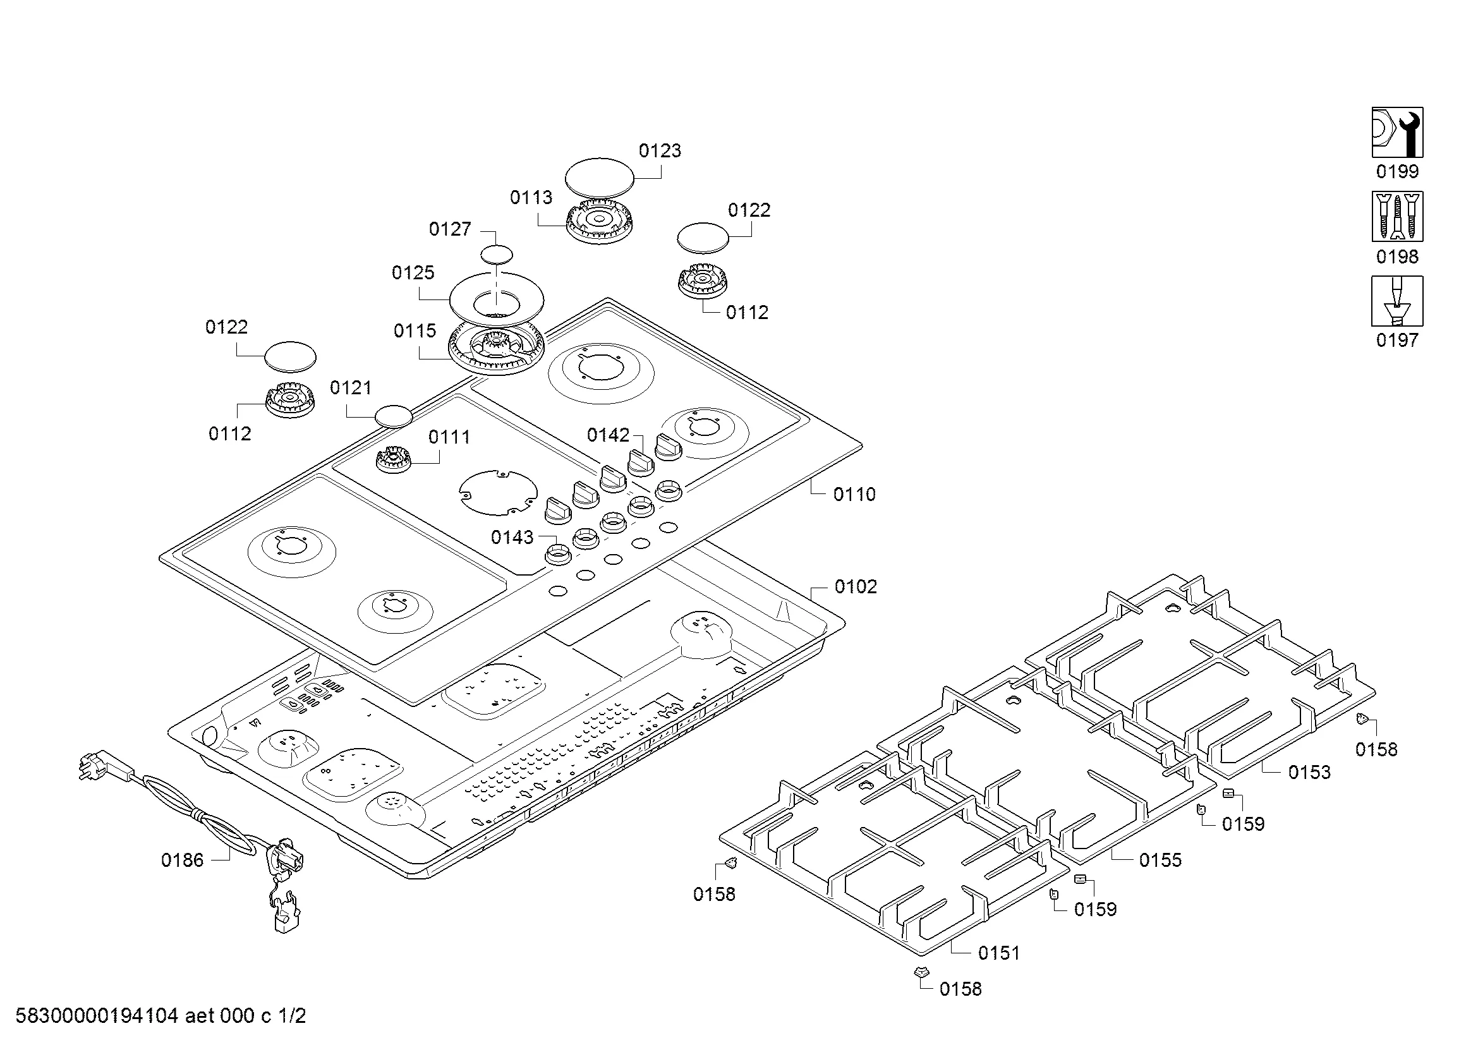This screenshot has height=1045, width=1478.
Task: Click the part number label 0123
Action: click(659, 150)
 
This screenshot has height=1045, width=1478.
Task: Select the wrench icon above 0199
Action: click(1397, 132)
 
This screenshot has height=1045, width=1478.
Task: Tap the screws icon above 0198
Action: click(1397, 216)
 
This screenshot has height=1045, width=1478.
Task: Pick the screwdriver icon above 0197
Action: click(1397, 301)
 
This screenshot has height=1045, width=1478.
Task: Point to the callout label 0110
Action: click(854, 494)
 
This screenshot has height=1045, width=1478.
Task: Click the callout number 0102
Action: click(856, 587)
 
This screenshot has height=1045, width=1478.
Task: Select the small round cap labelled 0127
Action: click(497, 254)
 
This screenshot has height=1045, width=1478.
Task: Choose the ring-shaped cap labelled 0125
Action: click(496, 299)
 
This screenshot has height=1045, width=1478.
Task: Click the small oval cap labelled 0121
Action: click(393, 416)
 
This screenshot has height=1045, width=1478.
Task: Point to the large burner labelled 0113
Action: click(599, 221)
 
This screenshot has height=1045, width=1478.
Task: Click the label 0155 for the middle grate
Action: click(1160, 861)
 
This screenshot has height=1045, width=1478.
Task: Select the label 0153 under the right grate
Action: click(1309, 772)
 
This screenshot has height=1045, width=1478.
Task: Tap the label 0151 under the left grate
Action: click(999, 953)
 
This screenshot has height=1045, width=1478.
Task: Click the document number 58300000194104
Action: click(97, 1016)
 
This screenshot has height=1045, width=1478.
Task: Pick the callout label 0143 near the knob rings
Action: click(512, 537)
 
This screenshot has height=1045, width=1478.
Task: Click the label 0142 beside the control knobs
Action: click(608, 436)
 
